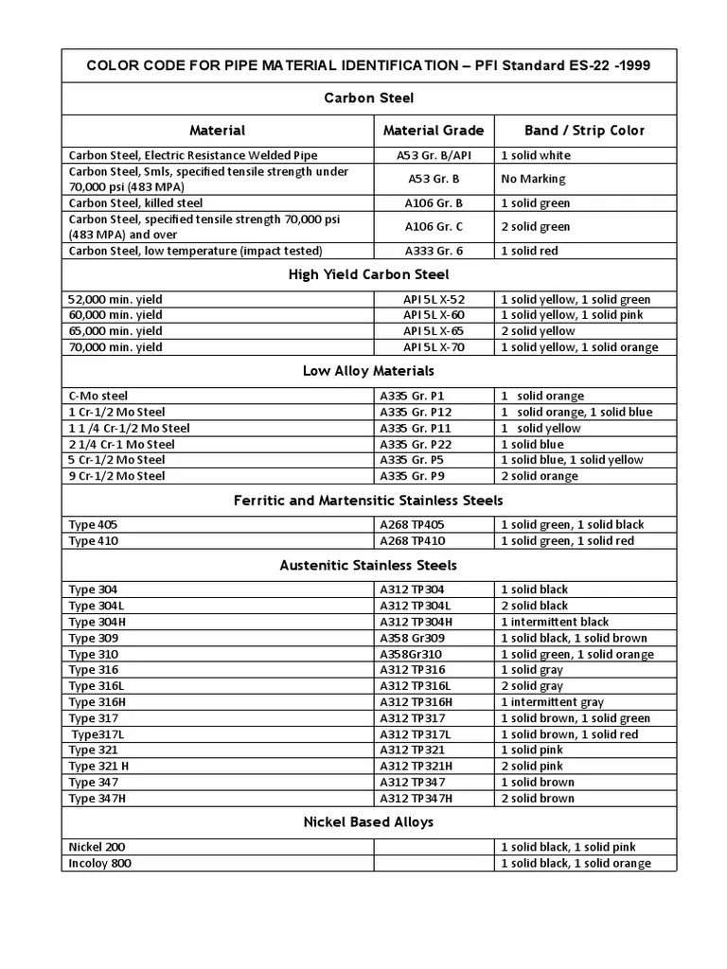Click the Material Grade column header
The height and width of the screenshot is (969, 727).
pyautogui.click(x=433, y=131)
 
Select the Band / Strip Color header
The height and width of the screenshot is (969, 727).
pyautogui.click(x=584, y=131)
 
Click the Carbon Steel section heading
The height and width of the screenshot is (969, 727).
pyautogui.click(x=368, y=98)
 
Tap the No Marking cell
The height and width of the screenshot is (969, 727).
pyautogui.click(x=533, y=179)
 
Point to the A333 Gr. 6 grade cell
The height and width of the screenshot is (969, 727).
pyautogui.click(x=434, y=251)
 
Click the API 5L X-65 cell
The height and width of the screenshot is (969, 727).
pyautogui.click(x=434, y=331)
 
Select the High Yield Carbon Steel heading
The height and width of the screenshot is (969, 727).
pyautogui.click(x=368, y=275)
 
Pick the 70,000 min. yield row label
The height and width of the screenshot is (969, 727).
pyautogui.click(x=115, y=347)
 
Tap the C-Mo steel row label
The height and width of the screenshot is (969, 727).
pyautogui.click(x=98, y=396)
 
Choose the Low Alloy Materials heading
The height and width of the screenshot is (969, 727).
pyautogui.click(x=368, y=371)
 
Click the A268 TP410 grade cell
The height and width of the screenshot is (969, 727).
pyautogui.click(x=413, y=541)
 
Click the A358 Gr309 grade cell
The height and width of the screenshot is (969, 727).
pyautogui.click(x=413, y=638)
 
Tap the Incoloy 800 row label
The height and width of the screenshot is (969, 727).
pyautogui.click(x=100, y=863)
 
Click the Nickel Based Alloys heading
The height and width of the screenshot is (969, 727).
pyautogui.click(x=368, y=822)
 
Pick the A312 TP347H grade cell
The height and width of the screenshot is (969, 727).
pyautogui.click(x=417, y=798)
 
